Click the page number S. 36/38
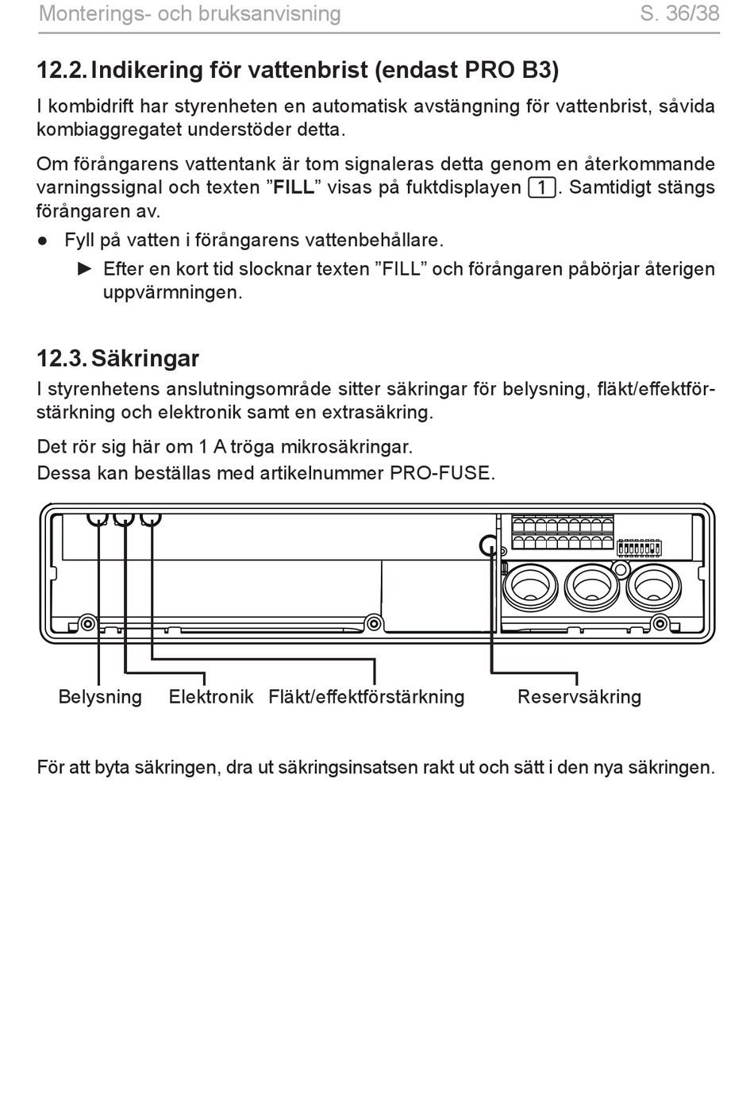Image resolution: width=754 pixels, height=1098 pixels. pos(679,13)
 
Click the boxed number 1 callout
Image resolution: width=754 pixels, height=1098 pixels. pos(542,187)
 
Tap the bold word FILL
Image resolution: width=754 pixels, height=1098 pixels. pos(294,187)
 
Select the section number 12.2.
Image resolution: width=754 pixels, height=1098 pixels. pos(62,70)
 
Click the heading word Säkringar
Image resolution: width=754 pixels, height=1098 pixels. pos(145,358)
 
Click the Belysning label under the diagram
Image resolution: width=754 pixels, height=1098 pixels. pos(100,696)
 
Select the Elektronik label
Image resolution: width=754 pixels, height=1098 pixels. pos(211,696)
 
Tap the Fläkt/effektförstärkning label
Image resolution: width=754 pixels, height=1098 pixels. pos(367,696)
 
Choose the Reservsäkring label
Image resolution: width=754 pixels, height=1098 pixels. pos(579,696)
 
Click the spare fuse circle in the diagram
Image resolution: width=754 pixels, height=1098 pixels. pos(489,545)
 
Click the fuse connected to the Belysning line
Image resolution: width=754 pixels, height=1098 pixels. pos(98,519)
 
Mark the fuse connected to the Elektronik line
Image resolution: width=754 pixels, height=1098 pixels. pos(124,519)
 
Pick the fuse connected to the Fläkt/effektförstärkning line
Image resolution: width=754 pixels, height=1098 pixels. pos(151,519)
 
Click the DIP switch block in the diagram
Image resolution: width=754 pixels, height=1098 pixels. pos(640,548)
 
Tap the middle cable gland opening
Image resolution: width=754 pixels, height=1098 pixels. pos(590,588)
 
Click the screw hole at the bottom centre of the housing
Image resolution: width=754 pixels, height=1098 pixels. pos(374,623)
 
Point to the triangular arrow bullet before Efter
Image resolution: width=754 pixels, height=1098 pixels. pos(85,268)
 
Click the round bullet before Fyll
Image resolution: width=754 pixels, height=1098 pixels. pos(43,241)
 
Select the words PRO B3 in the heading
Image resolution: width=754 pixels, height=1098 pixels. pos(511,70)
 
